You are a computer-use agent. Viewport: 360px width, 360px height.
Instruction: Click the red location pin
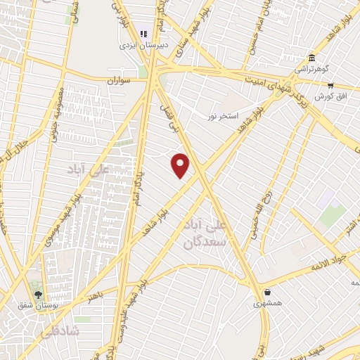(x=181, y=165)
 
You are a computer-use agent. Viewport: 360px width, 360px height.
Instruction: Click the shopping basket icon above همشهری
(x=267, y=292)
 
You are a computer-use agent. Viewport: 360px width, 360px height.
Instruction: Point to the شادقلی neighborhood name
(x=61, y=329)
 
